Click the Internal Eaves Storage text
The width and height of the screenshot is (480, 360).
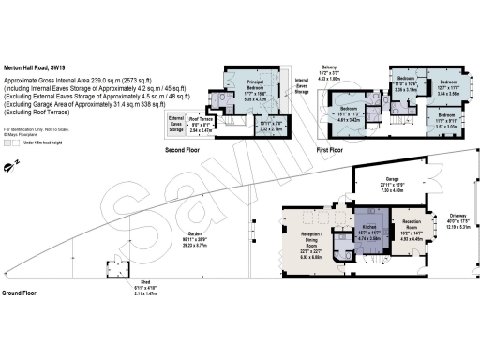[302, 88]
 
